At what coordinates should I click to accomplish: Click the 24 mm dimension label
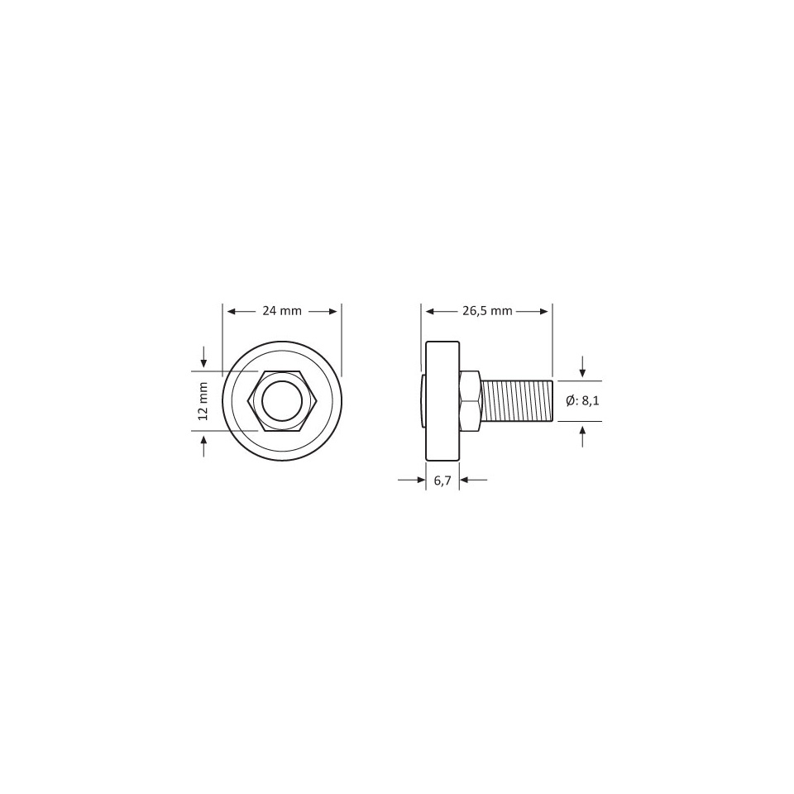[282, 311]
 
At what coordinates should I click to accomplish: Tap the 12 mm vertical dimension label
[203, 401]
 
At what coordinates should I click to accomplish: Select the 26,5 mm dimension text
[487, 311]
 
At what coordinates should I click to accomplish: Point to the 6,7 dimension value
[442, 481]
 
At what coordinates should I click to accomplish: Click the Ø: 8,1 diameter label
[582, 401]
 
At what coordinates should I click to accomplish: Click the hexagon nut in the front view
[282, 401]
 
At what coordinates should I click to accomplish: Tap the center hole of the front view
[282, 401]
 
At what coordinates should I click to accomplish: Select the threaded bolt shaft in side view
[516, 401]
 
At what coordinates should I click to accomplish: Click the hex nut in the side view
[470, 401]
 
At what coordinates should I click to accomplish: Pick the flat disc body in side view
[442, 401]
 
